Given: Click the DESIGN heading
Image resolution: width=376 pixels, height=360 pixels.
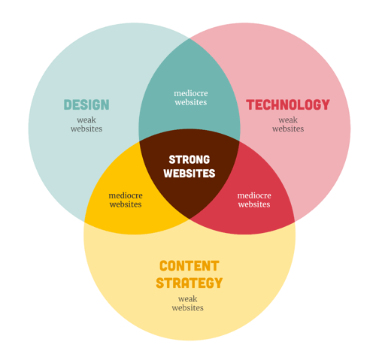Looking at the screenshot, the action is click(x=86, y=104).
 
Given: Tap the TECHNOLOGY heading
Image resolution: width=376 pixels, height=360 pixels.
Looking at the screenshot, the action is click(x=288, y=104).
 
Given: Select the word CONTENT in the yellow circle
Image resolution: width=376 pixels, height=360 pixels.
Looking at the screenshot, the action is click(x=190, y=266).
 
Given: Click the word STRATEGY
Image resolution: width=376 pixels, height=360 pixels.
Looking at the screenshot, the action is click(x=190, y=283).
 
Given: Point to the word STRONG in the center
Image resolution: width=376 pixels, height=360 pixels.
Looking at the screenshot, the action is click(x=190, y=159).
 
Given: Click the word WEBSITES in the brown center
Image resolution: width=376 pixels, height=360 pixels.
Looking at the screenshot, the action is click(x=190, y=174).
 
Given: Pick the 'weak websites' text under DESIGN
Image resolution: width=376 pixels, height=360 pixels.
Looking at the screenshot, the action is click(x=86, y=124).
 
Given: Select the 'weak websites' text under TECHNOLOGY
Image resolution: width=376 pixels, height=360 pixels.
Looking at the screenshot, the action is click(x=288, y=124).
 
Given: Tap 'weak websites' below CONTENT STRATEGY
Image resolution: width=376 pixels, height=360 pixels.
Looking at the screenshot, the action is click(x=188, y=303).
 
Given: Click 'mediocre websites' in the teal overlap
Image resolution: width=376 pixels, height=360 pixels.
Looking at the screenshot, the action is click(x=191, y=98).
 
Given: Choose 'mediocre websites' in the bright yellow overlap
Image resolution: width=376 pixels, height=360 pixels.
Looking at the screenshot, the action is click(x=126, y=200).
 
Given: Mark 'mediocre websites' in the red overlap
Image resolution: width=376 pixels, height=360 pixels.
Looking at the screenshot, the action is click(x=254, y=200).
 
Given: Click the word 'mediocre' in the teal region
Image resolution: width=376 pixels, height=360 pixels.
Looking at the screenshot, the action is click(x=191, y=93).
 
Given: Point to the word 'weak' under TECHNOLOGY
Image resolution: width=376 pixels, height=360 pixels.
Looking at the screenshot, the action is click(x=288, y=120).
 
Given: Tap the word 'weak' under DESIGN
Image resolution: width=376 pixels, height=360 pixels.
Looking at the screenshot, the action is click(x=86, y=120).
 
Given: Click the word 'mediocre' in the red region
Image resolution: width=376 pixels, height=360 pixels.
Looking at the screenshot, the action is click(x=254, y=195).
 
